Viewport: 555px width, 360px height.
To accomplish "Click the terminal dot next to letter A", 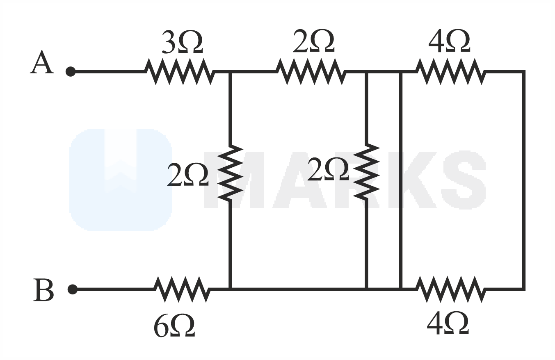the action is tap(71, 72).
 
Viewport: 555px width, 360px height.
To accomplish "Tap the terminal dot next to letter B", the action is tap(72, 289).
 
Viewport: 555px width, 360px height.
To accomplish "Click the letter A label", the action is tap(41, 62).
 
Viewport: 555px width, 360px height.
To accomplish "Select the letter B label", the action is tap(43, 290).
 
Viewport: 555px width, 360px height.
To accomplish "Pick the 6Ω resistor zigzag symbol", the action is tap(182, 289).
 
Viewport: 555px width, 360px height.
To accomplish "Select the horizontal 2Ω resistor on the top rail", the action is tap(311, 72).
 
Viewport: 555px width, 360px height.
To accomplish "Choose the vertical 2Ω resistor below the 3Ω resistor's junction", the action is tap(230, 173).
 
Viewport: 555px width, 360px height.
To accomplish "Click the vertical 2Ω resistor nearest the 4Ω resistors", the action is tap(366, 171).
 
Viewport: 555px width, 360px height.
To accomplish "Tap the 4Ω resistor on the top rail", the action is tap(451, 72).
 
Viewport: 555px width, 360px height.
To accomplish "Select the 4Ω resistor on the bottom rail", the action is tap(451, 289).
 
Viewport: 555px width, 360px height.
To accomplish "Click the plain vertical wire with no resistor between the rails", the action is tap(401, 180).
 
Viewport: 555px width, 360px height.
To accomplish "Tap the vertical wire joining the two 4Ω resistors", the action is tap(523, 180).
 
